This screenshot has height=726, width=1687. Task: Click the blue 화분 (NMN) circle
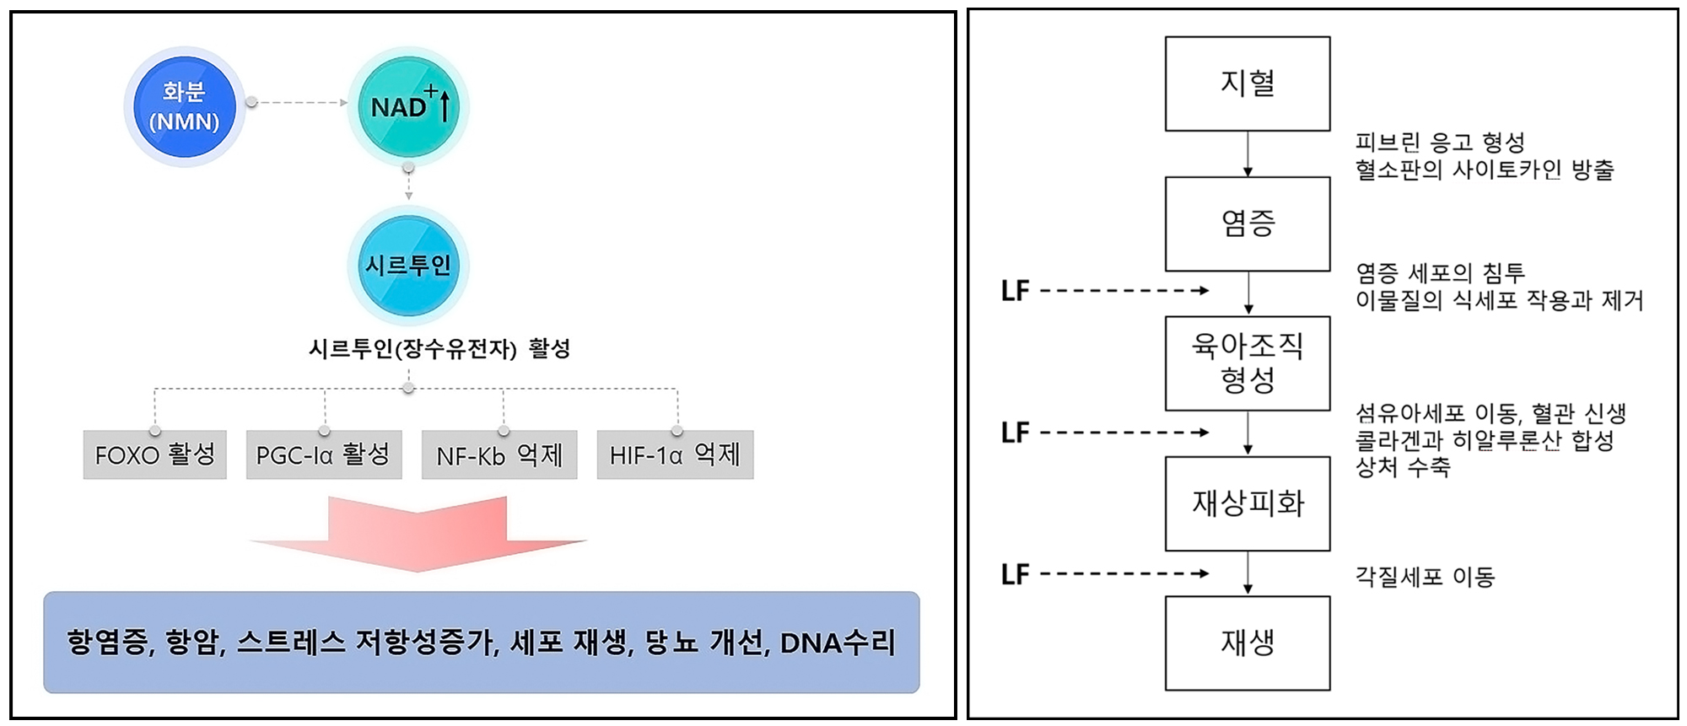pos(184,106)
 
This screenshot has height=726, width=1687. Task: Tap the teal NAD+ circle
pos(408,107)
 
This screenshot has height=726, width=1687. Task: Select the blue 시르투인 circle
pos(408,266)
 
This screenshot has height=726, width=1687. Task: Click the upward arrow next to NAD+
pos(445,105)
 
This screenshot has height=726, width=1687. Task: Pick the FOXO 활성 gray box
pos(155,455)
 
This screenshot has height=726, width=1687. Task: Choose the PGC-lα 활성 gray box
pos(324,455)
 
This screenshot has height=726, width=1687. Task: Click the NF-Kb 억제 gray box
pos(499,455)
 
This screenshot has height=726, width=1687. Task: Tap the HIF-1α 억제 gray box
pos(675,455)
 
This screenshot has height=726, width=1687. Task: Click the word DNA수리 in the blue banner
pos(837,643)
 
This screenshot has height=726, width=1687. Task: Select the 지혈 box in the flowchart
pos(1248,83)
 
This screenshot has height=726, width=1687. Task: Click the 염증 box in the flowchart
pos(1248,223)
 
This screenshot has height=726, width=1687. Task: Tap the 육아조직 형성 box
pos(1248,363)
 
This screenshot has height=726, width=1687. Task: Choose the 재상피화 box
pos(1248,503)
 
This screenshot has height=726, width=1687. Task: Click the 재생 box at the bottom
pos(1248,643)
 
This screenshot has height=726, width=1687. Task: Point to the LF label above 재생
pos(1015,574)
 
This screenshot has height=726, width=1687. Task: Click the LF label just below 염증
pos(1015,291)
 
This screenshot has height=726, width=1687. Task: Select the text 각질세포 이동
pos(1425,577)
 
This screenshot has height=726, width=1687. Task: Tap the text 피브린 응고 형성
pos(1440,143)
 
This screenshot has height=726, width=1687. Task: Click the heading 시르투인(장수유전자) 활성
pos(439,348)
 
